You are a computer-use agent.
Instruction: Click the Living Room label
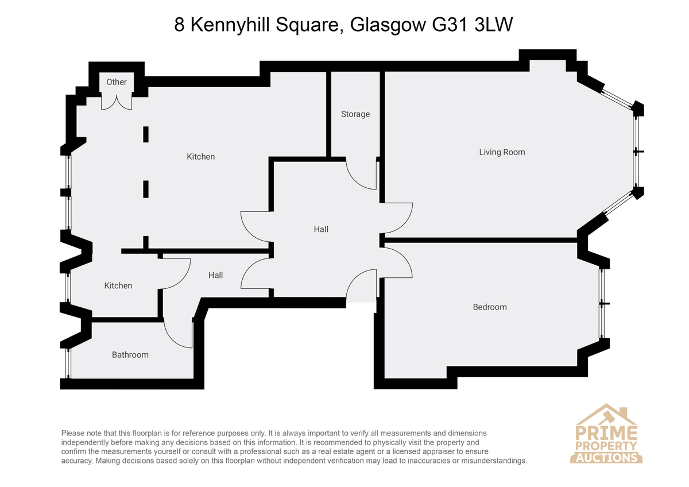click(502, 152)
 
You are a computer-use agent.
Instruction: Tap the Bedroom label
click(490, 307)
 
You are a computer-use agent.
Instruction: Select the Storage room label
click(355, 114)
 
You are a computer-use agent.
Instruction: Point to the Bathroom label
click(130, 355)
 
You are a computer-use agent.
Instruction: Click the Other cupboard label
click(117, 82)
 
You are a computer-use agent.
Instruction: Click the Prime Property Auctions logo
click(606, 434)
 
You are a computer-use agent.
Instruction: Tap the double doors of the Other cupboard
click(117, 102)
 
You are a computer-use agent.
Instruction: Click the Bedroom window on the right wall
click(602, 304)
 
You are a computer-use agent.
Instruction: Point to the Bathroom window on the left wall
click(69, 364)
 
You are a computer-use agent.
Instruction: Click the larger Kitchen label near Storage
click(200, 157)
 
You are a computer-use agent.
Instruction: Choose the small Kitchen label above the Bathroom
click(118, 286)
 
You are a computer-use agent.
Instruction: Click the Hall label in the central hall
click(321, 230)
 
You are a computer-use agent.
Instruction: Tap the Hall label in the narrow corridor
click(216, 275)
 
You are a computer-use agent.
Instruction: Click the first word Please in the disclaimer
click(73, 434)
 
